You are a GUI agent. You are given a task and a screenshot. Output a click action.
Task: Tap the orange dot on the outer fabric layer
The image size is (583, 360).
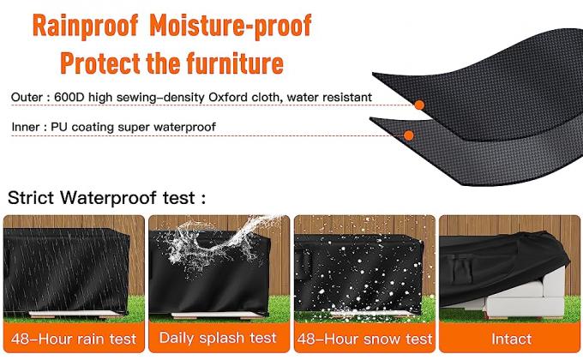coord(419,105)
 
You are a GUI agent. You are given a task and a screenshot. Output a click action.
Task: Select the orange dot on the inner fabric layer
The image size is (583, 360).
coord(408,135)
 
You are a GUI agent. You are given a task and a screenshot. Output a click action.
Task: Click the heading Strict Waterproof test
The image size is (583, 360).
coord(107,197)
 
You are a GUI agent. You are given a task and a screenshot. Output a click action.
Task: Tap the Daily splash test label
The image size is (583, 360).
coord(218,339)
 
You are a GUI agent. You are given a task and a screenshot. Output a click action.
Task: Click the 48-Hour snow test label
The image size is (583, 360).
coord(364,339)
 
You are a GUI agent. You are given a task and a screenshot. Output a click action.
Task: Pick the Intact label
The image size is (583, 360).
coord(511,339)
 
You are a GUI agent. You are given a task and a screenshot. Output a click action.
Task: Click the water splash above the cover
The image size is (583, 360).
coord(214,237)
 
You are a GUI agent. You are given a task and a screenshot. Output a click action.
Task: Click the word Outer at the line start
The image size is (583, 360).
coord(27,98)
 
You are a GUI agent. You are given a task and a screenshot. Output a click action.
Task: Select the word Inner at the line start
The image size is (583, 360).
coord(26,127)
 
